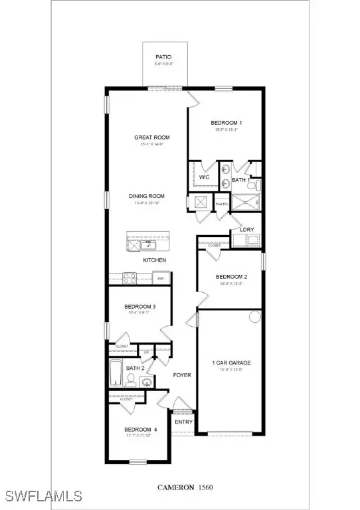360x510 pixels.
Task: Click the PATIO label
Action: click(164, 58)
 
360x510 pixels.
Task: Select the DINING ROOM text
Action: click(147, 196)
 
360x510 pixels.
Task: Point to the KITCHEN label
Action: click(154, 260)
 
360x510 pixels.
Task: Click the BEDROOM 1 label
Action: click(226, 123)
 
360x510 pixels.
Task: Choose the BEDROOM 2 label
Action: click(231, 277)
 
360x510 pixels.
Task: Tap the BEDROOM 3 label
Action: click(140, 306)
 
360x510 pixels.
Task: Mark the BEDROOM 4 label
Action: click(141, 430)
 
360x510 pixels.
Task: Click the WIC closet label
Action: click(205, 177)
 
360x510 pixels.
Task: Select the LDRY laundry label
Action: click(247, 230)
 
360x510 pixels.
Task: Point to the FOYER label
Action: click(182, 375)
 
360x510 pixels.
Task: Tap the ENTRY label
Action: click(183, 422)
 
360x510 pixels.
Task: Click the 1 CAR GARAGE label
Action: click(231, 363)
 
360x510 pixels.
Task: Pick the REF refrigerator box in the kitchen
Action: click(159, 278)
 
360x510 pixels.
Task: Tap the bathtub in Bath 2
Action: click(115, 374)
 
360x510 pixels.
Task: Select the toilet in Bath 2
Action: click(131, 380)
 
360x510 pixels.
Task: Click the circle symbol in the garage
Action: click(254, 316)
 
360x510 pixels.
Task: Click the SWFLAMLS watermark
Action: click(42, 496)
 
